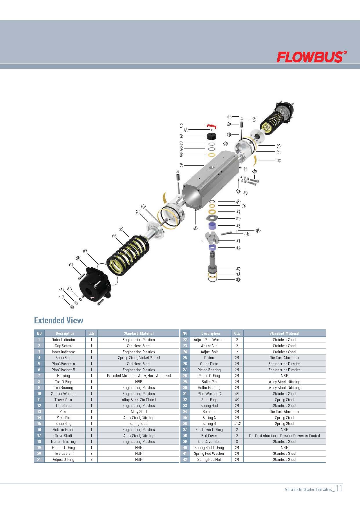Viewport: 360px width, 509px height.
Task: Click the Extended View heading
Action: click(59, 320)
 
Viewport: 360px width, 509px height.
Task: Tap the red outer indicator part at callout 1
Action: click(211, 126)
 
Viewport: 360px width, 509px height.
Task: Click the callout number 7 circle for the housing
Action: click(181, 165)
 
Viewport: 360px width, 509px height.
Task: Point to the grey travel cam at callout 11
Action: click(212, 218)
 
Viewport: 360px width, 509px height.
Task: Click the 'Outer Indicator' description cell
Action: click(63, 340)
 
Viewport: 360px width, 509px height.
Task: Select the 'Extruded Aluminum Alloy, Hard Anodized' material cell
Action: click(139, 376)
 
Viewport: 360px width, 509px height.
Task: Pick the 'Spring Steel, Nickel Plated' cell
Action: click(139, 358)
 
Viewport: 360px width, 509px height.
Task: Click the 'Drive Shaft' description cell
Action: click(63, 436)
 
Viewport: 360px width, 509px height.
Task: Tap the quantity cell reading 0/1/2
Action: click(237, 423)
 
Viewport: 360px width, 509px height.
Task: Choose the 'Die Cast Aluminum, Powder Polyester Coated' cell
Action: click(284, 436)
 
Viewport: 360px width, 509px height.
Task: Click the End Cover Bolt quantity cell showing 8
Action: click(237, 441)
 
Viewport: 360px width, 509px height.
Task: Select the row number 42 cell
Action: click(185, 459)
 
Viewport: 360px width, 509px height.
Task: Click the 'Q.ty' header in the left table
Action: click(91, 333)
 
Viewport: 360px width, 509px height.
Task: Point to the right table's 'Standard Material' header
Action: click(284, 333)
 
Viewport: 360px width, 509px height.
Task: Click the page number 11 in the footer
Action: click(339, 488)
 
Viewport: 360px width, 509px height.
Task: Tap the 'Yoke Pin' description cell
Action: click(63, 418)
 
